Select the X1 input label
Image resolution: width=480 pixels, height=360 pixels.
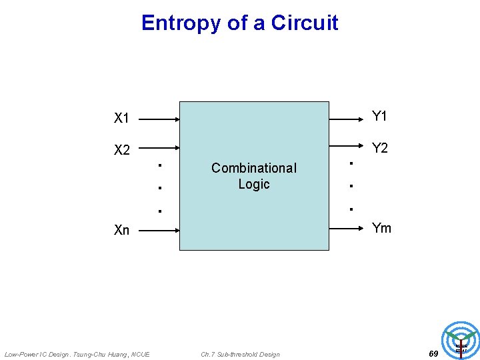[x=121, y=119]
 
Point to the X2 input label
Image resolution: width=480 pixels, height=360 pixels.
[x=121, y=150]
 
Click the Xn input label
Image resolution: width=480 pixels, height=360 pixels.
[x=121, y=231]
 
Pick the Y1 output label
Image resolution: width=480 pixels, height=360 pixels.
[x=379, y=117]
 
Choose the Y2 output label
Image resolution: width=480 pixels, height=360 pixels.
[x=379, y=148]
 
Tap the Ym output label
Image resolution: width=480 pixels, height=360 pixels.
[x=381, y=229]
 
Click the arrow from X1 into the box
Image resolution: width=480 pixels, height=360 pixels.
[x=159, y=120]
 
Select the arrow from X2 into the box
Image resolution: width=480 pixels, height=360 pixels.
[x=159, y=149]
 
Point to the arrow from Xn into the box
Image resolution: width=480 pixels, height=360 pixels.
[x=159, y=231]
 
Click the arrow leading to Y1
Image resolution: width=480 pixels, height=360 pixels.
[x=347, y=120]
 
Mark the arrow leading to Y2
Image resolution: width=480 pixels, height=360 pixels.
[x=347, y=149]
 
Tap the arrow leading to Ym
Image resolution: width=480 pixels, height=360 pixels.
[x=347, y=229]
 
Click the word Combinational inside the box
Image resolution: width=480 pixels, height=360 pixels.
[x=253, y=168]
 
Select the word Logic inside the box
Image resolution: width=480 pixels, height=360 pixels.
[x=254, y=184]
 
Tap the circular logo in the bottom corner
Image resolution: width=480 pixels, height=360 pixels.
[x=461, y=340]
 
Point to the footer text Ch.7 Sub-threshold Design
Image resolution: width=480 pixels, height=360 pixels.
[x=240, y=354]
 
